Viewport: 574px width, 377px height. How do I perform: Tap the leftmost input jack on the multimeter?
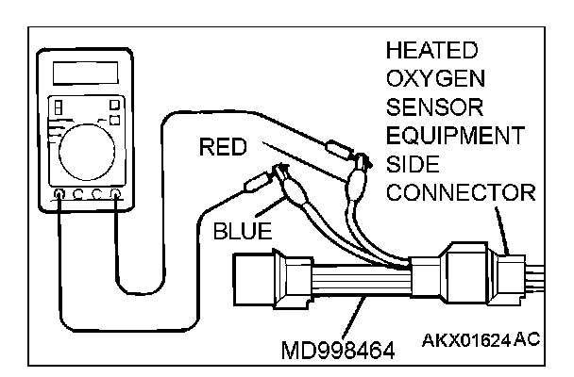pos(59,196)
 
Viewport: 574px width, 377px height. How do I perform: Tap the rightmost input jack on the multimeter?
pos(116,196)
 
